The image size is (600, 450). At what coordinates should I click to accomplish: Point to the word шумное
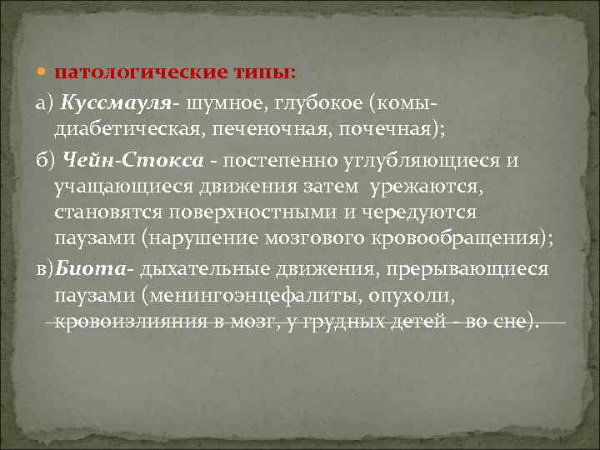pos(218,101)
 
